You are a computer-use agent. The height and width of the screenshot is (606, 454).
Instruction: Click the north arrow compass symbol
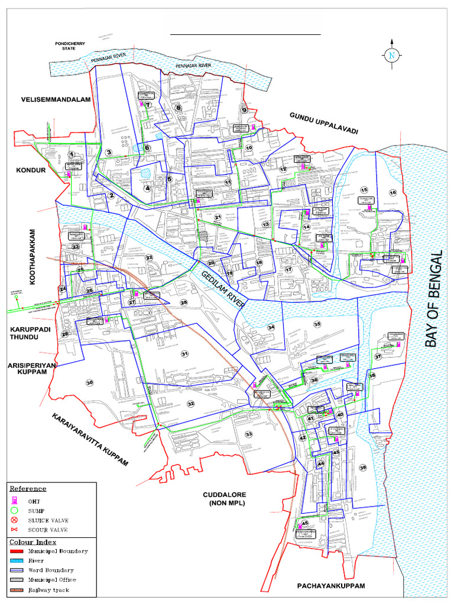(x=391, y=55)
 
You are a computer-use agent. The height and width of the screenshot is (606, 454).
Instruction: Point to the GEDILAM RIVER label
(x=223, y=288)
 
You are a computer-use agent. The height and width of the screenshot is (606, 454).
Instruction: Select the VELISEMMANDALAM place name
(x=56, y=99)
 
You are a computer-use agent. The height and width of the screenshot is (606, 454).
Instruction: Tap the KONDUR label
(x=31, y=170)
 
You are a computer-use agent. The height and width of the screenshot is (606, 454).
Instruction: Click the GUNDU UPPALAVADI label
(x=323, y=123)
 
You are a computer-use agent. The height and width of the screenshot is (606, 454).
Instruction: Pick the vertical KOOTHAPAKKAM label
(x=33, y=257)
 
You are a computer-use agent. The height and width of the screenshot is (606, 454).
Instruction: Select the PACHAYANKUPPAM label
(x=331, y=586)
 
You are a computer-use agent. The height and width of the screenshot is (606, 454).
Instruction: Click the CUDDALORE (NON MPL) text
(x=225, y=498)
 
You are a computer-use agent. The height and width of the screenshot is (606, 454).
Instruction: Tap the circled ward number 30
(x=90, y=382)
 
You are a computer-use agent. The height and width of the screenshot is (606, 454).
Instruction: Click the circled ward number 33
(x=249, y=434)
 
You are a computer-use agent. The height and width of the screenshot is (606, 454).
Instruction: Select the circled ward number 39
(x=363, y=468)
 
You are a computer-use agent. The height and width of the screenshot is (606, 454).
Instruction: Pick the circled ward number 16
(x=393, y=192)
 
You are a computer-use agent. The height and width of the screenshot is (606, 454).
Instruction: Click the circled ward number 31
(x=184, y=354)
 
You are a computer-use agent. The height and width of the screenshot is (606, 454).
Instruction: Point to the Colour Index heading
(x=33, y=541)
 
